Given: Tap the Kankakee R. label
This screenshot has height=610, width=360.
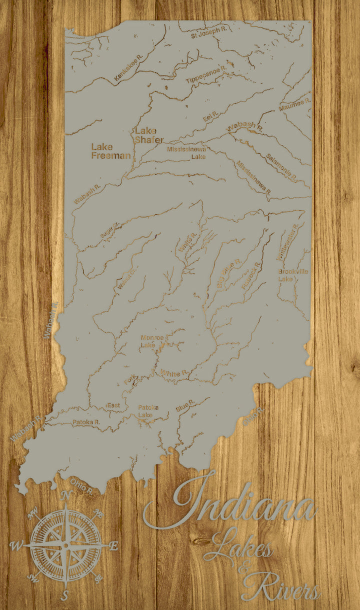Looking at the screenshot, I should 128,68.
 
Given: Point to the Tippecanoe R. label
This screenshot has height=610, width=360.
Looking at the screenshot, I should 206,74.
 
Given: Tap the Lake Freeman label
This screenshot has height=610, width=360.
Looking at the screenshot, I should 110,151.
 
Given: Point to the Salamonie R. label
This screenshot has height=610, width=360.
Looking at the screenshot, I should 281,167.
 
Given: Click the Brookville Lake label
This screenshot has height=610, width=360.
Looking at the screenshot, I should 293,275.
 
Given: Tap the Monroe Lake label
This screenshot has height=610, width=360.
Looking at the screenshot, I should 152,341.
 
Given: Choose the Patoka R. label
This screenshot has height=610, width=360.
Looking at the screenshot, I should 86,422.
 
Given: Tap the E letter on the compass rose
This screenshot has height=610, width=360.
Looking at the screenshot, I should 113,545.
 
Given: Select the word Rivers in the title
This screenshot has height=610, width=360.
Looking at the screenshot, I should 281,587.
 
